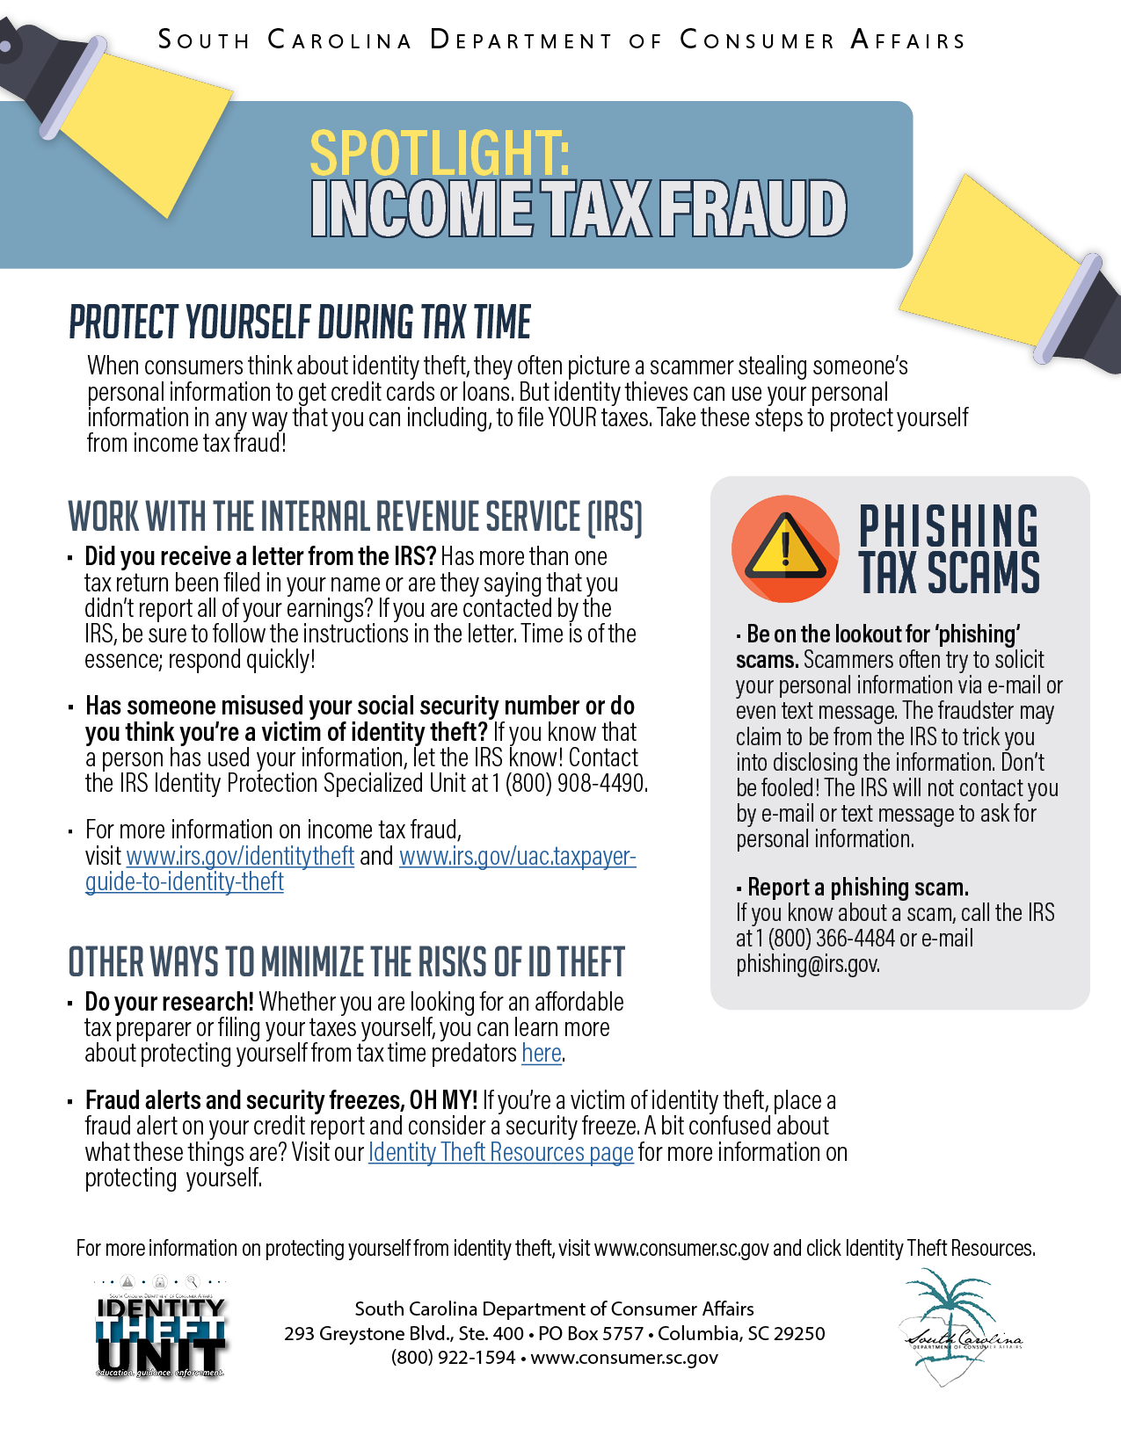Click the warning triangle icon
tap(785, 549)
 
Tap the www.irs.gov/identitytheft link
tap(240, 856)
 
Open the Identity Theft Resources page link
tap(501, 1152)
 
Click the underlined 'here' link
tap(541, 1053)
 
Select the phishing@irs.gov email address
tap(807, 964)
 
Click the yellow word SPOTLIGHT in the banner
tap(440, 153)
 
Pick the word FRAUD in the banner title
tap(753, 209)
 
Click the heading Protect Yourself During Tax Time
tap(300, 323)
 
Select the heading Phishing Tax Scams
tap(948, 550)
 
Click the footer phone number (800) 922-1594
tap(454, 1358)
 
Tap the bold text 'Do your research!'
tap(170, 1002)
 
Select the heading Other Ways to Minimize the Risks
tap(346, 962)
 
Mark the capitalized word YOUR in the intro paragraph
tap(572, 417)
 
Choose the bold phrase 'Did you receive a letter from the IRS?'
tap(260, 557)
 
